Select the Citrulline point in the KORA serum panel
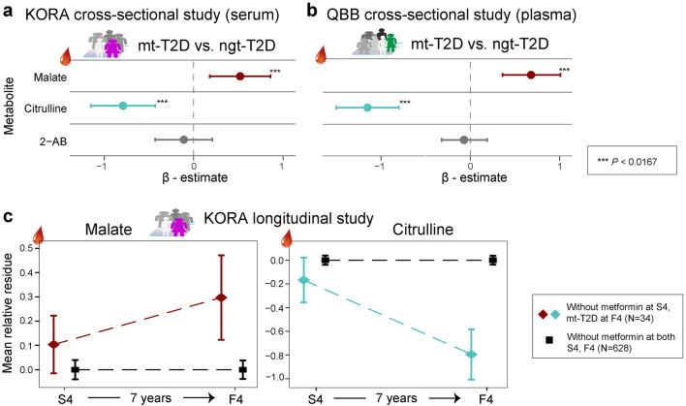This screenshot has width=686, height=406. pos(123,106)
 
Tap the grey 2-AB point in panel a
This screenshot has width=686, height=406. pos(184,139)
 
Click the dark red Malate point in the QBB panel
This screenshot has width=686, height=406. pos(530,75)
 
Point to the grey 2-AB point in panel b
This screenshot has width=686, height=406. pos(464,140)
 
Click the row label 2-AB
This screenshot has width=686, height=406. pos(64,140)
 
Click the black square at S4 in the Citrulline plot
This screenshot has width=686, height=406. pos(326,260)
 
